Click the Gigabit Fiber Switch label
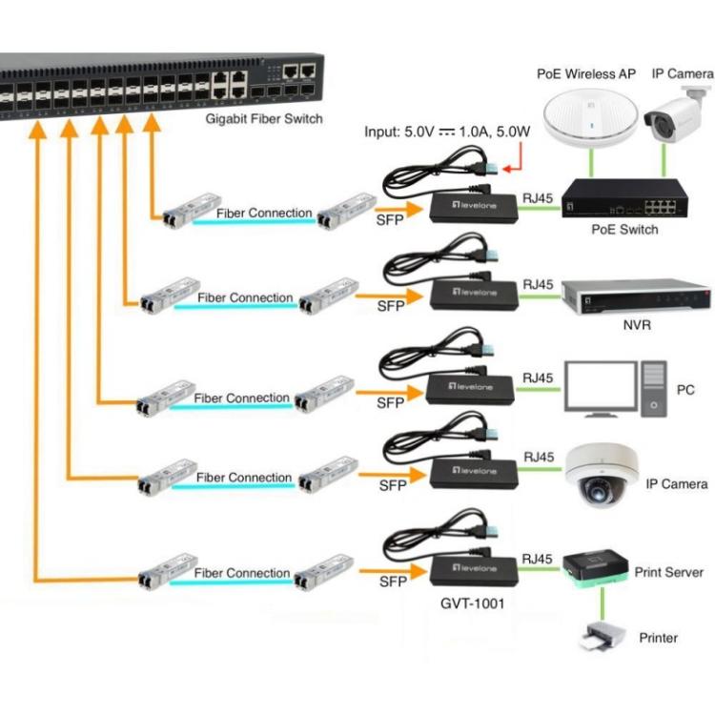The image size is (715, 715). pos(264,119)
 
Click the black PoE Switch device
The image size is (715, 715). pos(625,200)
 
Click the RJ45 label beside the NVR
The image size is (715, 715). pos(539,284)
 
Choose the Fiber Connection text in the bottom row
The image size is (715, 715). pos(242,573)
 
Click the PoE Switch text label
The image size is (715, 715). pos(625,230)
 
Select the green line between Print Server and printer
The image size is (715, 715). pos(603,603)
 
